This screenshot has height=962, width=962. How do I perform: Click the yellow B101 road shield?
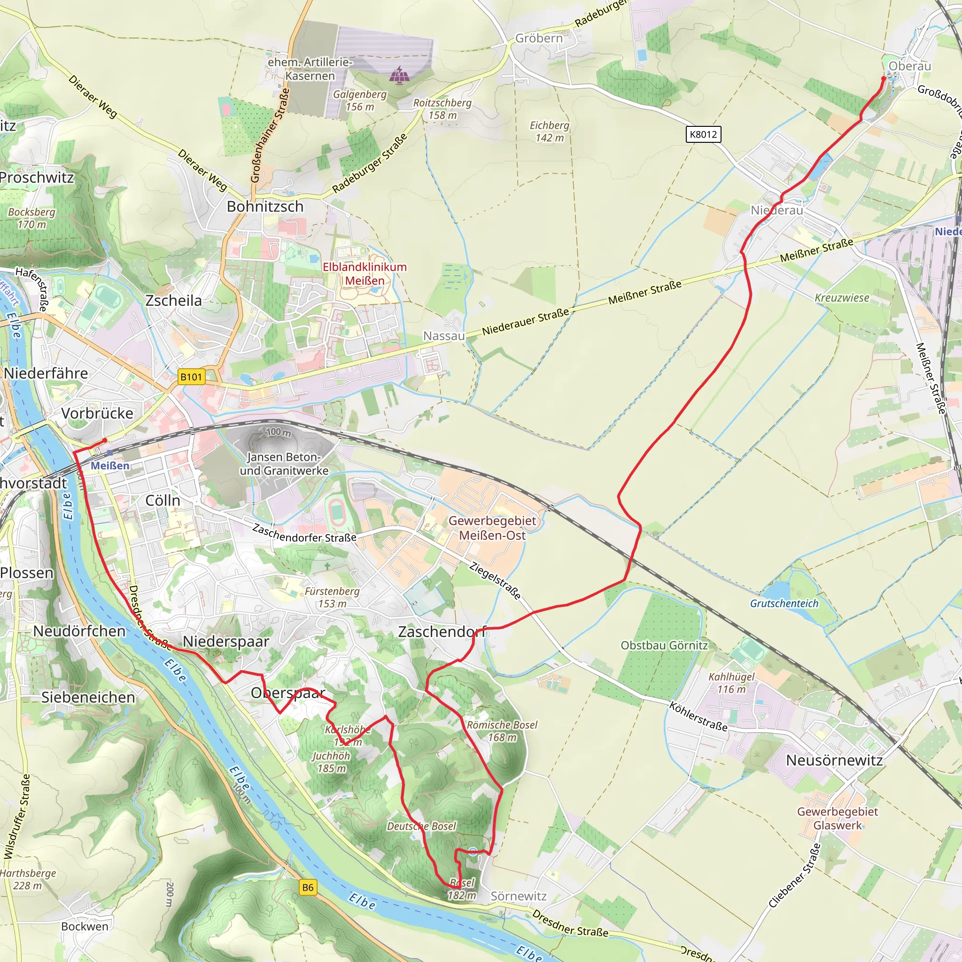[191, 376]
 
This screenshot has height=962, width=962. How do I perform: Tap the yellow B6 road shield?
[308, 887]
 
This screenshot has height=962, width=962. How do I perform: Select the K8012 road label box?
[703, 134]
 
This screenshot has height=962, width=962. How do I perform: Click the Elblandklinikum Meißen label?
[365, 274]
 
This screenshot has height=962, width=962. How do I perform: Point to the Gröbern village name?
[538, 39]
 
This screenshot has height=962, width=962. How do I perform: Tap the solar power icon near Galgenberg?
[398, 75]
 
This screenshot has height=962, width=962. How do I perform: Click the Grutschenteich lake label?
[784, 604]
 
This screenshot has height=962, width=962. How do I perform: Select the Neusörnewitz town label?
[834, 760]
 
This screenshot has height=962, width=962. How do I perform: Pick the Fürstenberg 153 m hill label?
[332, 597]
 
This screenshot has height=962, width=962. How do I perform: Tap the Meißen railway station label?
[110, 465]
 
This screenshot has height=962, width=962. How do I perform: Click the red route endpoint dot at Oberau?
[884, 78]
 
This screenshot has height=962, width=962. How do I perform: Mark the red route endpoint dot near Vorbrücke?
[105, 441]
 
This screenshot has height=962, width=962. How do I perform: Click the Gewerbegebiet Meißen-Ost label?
[492, 528]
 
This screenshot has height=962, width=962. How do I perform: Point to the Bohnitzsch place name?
[265, 206]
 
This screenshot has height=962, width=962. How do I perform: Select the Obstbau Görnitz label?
[664, 645]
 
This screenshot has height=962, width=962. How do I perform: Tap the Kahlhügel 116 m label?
[731, 683]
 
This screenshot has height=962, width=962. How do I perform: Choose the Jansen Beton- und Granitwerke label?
[284, 464]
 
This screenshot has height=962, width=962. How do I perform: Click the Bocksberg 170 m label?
[31, 218]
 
